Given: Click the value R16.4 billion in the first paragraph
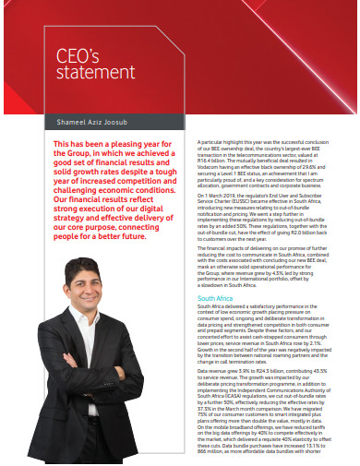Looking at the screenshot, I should pos(215,160).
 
